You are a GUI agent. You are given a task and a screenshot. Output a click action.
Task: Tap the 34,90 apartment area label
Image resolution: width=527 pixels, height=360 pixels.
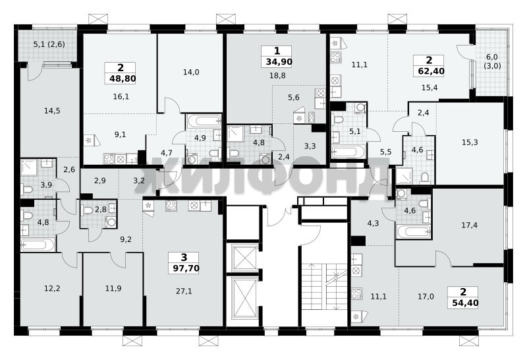coord(279,62)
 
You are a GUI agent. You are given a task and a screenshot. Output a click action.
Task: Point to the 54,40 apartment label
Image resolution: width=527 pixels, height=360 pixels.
coord(466,303)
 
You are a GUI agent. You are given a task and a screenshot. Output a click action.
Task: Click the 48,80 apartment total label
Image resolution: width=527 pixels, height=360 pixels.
coord(123,78)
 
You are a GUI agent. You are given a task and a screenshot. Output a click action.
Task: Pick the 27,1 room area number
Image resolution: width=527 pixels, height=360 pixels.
coord(184,291)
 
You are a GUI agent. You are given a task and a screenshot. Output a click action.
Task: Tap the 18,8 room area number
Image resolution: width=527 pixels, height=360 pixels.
coord(277,76)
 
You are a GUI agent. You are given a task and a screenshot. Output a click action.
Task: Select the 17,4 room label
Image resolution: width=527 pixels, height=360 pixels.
coord(469,225)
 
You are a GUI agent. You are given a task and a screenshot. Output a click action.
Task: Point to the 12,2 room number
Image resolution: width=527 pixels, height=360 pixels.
coord(52,288)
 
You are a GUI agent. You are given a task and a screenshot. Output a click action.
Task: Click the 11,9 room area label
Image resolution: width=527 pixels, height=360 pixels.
coord(113,288)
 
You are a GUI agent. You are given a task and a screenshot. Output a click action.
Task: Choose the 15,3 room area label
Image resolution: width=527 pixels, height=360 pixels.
coord(470,142)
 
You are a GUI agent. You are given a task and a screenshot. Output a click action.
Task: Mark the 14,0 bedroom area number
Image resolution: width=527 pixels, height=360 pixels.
coord(191,72)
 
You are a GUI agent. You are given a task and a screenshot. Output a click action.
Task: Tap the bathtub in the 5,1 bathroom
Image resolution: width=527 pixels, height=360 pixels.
coord(348,152)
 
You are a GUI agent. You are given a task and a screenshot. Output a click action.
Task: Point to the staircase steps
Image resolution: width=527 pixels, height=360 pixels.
coord(324,286)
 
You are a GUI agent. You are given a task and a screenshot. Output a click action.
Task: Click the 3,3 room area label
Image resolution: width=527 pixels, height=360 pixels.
coord(310,146)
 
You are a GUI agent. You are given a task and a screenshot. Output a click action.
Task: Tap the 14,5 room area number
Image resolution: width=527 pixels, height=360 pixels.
coord(52,111)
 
